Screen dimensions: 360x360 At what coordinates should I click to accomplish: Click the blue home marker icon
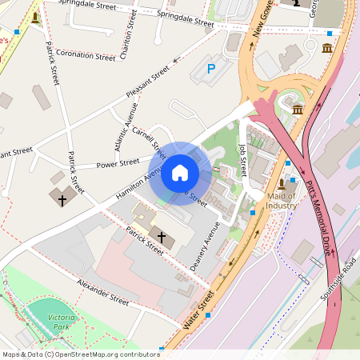(x=180, y=173)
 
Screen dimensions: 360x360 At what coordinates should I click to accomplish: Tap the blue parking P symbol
(x=211, y=70)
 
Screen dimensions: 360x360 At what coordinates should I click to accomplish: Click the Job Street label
(x=243, y=160)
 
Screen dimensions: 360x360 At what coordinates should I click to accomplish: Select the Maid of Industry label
(x=282, y=201)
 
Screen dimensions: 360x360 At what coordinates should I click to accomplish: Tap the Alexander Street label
(x=102, y=293)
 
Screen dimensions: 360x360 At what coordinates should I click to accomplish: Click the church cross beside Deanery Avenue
(x=162, y=237)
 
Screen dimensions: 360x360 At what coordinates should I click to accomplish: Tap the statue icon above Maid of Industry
(x=282, y=184)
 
